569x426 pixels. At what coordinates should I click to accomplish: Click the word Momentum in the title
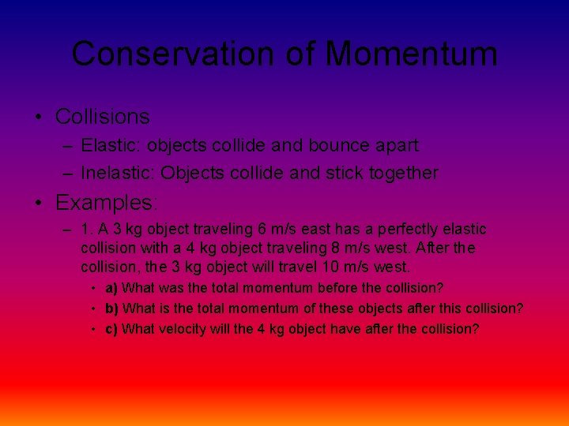(411, 54)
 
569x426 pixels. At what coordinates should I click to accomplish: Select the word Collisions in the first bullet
(102, 117)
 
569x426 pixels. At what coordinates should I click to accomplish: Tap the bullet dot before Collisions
(39, 118)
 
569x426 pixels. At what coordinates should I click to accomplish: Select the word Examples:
(105, 203)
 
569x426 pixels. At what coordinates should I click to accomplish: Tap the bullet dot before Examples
(39, 204)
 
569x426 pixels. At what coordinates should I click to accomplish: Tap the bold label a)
(112, 288)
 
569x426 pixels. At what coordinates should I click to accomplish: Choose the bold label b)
(112, 308)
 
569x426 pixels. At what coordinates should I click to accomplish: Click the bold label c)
(112, 329)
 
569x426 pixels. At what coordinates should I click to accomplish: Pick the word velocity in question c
(181, 329)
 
